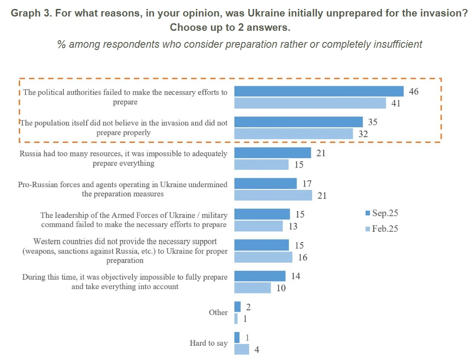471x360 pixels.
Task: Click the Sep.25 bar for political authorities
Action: coord(319,92)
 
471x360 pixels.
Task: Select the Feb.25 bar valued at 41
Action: coord(310,103)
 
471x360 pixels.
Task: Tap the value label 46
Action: coord(413,92)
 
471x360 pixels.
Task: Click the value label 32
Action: coord(363,134)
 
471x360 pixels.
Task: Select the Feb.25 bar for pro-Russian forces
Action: coord(273,195)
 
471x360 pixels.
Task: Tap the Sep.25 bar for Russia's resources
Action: coord(273,153)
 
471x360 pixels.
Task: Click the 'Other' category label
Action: coord(218,312)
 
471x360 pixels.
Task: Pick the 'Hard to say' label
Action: coord(208,343)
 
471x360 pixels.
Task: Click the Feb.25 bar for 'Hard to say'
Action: coord(242,349)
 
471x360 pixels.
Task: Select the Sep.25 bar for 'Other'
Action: coord(238,307)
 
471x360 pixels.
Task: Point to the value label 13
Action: coord(293,226)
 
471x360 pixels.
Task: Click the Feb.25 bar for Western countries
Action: coord(263,257)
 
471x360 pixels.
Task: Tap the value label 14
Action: coord(295,276)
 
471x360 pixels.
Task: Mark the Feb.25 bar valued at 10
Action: coord(253,288)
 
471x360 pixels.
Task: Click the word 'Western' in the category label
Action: coord(48,241)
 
